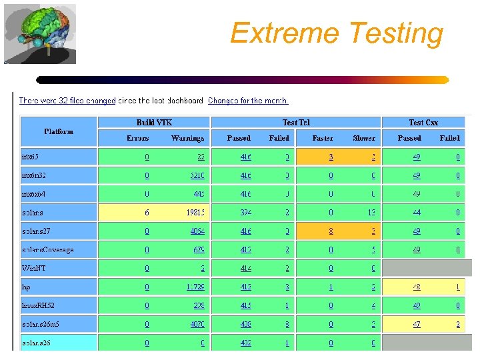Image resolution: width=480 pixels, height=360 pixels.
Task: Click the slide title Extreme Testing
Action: [x=336, y=33]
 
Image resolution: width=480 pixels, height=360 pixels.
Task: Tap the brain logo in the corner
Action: [x=40, y=34]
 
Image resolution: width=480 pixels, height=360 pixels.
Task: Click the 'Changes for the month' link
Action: [x=248, y=101]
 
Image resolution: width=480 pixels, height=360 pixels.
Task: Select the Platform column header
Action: [x=59, y=131]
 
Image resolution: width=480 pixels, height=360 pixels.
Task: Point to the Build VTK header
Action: [x=154, y=123]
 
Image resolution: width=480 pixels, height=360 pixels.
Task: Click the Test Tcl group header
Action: [x=296, y=123]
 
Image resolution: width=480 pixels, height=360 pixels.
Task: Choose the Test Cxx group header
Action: [x=423, y=123]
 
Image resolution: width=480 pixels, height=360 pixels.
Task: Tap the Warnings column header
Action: [x=187, y=138]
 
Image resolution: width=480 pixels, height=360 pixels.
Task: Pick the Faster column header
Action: [x=323, y=138]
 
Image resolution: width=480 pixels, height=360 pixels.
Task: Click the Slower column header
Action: [x=364, y=138]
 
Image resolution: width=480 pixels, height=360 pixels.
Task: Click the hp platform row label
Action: [x=26, y=287]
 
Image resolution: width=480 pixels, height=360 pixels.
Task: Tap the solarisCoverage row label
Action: [x=47, y=250]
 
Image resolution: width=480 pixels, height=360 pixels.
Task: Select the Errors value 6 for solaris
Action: [x=147, y=213]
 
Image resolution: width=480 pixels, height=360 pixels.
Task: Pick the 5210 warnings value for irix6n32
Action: [x=197, y=176]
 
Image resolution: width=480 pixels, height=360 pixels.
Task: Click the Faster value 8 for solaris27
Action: [x=331, y=231]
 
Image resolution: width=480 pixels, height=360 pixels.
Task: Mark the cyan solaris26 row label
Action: [x=37, y=343]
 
